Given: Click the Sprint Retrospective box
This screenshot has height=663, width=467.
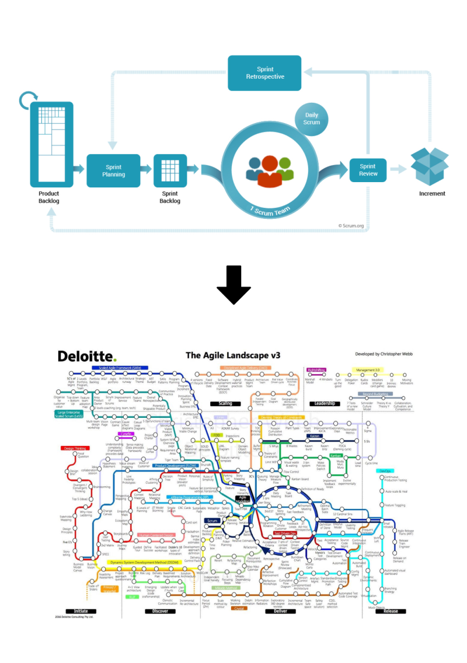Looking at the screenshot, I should pos(264,73).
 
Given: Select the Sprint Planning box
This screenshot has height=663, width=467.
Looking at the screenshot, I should pos(113,170).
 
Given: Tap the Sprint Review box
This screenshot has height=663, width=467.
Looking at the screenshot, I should pos(368,170).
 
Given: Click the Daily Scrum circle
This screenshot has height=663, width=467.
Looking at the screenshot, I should pos(312,119).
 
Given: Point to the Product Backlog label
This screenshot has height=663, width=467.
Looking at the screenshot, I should pos(49,197).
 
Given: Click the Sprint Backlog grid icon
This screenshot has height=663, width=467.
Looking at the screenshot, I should pos(170,170).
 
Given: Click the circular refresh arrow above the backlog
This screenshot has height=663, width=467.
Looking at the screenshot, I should pos(29,100).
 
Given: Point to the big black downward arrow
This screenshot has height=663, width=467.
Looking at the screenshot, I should pos(233,284).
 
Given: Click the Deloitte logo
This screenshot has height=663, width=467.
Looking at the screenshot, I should pos(87,356).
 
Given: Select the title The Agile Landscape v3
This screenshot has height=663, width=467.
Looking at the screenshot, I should pos(233,355).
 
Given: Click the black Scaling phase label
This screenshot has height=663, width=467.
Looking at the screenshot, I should pos(225,403).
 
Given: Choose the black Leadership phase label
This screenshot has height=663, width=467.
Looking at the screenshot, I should pos(324,403).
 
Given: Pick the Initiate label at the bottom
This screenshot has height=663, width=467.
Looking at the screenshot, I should pos(81,611).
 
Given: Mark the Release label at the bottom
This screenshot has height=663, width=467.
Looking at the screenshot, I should pos(390,611).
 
